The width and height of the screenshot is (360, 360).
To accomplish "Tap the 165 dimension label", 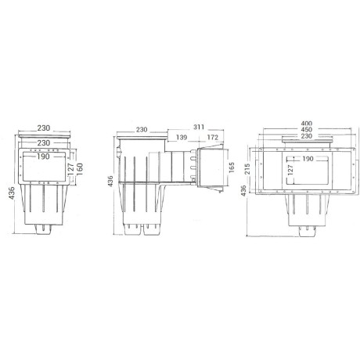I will [232, 167].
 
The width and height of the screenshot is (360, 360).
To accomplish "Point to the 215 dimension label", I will [248, 170].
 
